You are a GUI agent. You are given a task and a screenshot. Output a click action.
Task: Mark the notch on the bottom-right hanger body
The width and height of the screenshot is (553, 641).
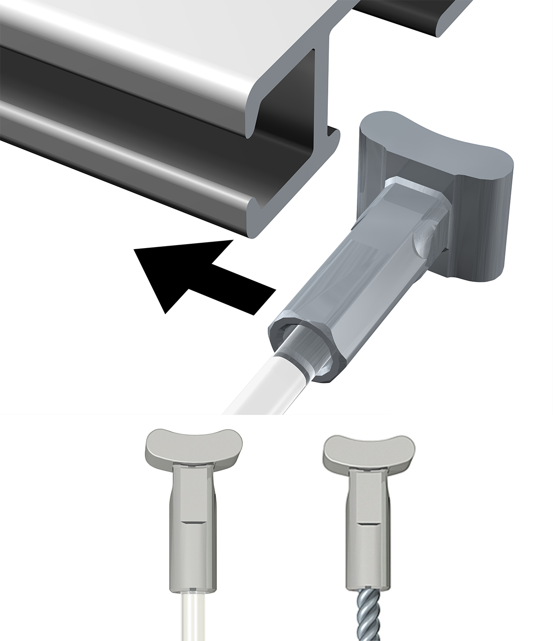(x=369, y=523)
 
